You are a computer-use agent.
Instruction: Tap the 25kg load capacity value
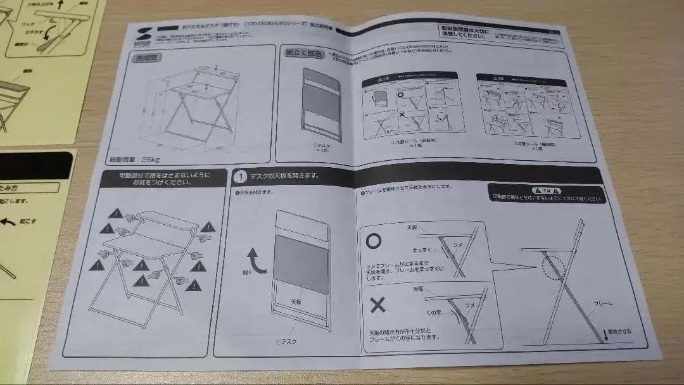tap(151, 158)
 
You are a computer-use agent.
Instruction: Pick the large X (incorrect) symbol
tap(377, 305)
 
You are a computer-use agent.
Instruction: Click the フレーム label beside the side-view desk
tap(602, 304)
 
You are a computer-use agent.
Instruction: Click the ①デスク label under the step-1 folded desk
tap(287, 341)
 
